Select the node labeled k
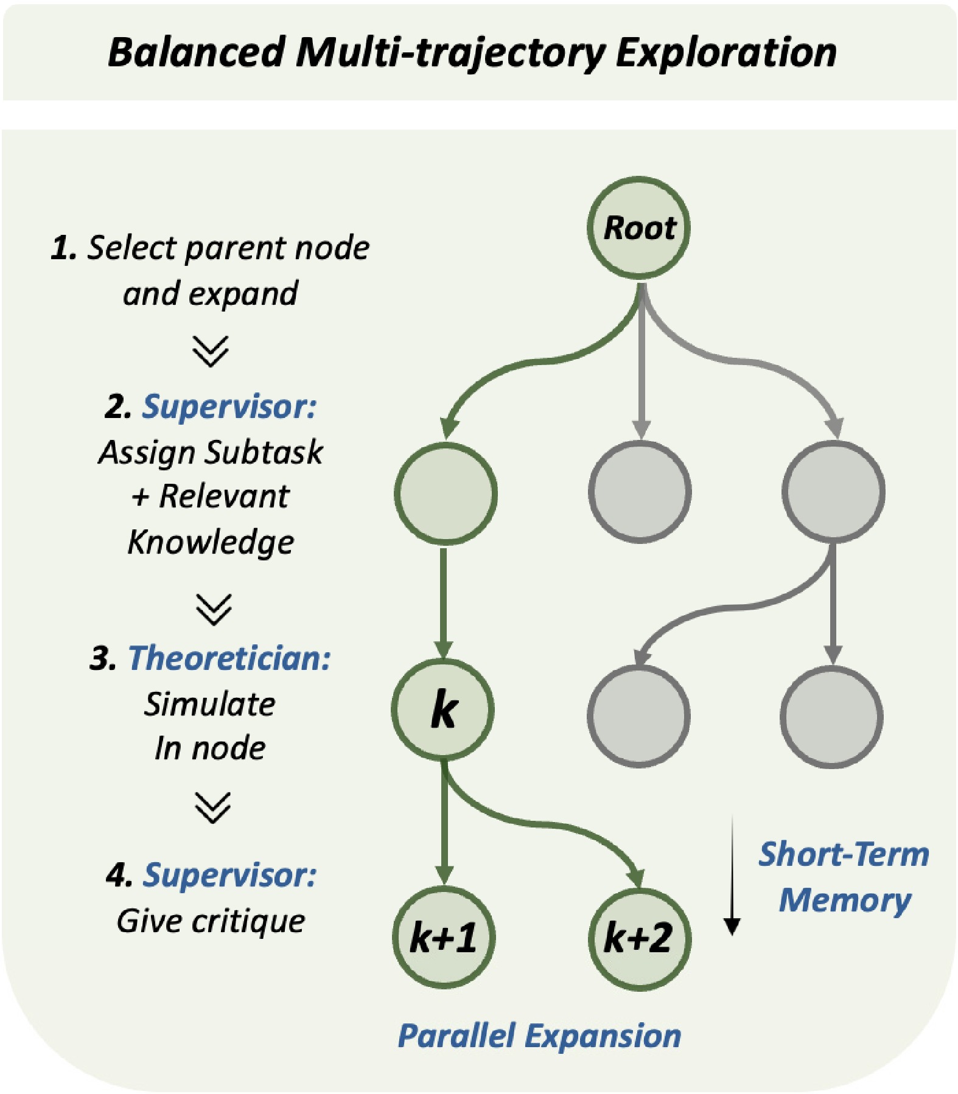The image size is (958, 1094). (x=442, y=709)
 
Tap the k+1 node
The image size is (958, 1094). (x=444, y=937)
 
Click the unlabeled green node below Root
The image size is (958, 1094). (x=446, y=493)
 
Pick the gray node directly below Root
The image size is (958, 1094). (x=640, y=492)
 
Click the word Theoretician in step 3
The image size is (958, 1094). (x=229, y=658)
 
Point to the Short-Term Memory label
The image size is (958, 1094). (x=844, y=877)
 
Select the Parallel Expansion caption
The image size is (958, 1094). (x=539, y=1035)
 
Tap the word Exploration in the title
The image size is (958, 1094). (x=726, y=54)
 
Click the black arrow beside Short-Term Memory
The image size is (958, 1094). (x=732, y=875)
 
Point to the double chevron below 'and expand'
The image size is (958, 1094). (x=211, y=351)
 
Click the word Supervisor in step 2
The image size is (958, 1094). (x=229, y=406)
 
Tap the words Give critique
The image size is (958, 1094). (x=211, y=921)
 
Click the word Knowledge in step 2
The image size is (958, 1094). (x=211, y=542)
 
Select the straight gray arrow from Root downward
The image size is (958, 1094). (x=640, y=359)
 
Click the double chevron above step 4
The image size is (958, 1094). (x=213, y=807)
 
